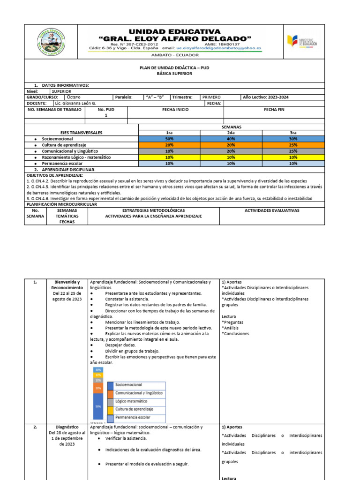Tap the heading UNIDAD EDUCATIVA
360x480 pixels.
pos(174,31)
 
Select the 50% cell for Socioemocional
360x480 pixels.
pos(169,139)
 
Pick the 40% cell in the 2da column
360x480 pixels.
pos(231,139)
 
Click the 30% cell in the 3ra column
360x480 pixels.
pos(293,139)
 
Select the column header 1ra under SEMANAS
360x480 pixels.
pos(169,133)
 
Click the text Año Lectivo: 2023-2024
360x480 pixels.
pos(265,97)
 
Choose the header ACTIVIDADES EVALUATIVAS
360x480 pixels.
pos(272,210)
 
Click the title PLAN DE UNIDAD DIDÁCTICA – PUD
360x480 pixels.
pos(174,67)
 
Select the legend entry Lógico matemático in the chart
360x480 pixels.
pos(132,402)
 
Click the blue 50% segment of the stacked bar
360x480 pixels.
pos(98,406)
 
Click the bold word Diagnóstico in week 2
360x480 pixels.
pos(66,427)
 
